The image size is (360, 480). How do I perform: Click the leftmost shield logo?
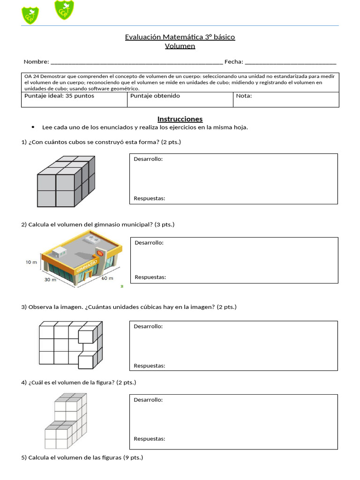tap(30, 15)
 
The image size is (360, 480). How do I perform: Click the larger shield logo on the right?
tap(64, 10)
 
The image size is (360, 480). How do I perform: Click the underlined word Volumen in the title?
tap(180, 46)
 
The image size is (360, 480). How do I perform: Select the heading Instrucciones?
tap(180, 119)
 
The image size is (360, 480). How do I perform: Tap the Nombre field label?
tap(36, 62)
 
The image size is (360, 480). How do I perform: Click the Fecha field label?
tap(233, 62)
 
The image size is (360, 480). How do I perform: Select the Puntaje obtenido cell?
tap(155, 96)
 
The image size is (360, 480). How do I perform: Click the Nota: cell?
tap(244, 96)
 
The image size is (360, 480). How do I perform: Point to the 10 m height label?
tap(31, 262)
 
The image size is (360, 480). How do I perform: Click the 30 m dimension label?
tap(50, 280)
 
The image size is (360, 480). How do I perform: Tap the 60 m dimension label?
tap(107, 278)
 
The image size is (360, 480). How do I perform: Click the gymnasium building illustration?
tap(82, 258)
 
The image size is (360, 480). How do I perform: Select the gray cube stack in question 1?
tap(66, 182)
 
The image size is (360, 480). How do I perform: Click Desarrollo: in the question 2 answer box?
tap(149, 243)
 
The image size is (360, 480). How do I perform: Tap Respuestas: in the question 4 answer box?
tap(149, 439)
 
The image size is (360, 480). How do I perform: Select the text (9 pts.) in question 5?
tap(133, 457)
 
